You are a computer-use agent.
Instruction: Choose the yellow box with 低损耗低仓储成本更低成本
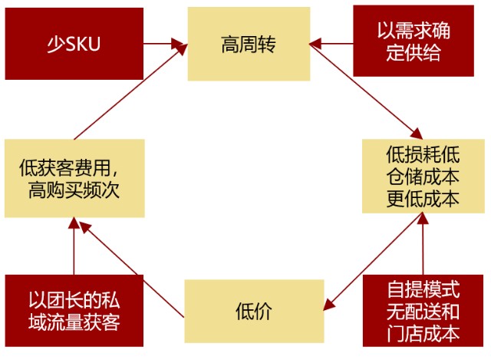pyautogui.click(x=422, y=175)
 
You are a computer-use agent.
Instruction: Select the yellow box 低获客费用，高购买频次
pyautogui.click(x=74, y=177)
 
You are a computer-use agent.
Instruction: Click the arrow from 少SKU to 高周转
pyautogui.click(x=165, y=44)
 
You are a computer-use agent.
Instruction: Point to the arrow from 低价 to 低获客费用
pyautogui.click(x=132, y=269)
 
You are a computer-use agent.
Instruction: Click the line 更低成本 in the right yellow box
pyautogui.click(x=422, y=198)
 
